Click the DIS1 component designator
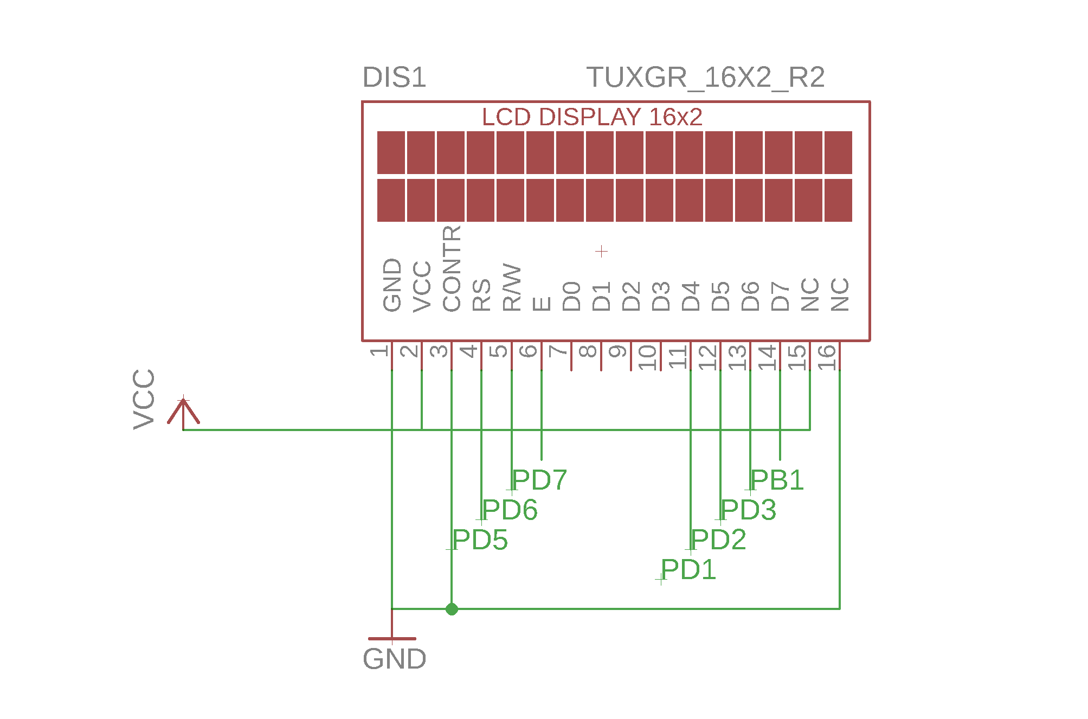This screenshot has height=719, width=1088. [394, 78]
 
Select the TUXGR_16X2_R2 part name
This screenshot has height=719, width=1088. [705, 78]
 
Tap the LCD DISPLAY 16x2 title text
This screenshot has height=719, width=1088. [592, 117]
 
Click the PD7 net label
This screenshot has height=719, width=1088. [539, 480]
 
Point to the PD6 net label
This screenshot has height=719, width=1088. [510, 510]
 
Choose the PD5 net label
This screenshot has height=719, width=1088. [480, 540]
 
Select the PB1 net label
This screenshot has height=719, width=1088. [777, 480]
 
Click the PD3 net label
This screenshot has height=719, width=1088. [748, 510]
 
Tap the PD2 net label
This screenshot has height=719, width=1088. [718, 540]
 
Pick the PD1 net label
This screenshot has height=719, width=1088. [688, 569]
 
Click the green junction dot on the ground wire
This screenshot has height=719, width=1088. [452, 609]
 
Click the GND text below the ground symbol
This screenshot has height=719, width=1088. [395, 659]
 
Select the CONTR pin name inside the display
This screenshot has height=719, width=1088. [452, 269]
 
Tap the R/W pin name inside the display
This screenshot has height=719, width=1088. [511, 288]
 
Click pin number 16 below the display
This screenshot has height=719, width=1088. [827, 357]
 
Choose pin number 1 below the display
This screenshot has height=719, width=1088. [379, 351]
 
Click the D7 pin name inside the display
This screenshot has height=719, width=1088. [780, 296]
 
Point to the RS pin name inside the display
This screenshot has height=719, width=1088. [481, 296]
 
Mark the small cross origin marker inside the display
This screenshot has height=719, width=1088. [601, 251]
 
